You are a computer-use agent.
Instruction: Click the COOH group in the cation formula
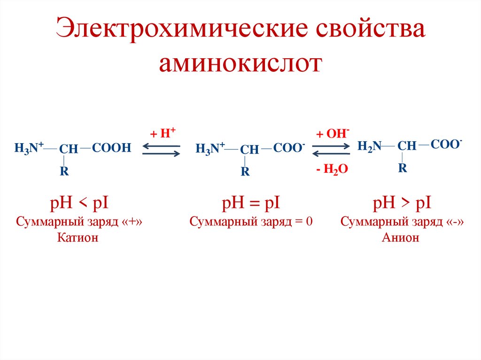point(112,148)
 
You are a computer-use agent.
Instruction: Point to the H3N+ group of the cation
point(29,148)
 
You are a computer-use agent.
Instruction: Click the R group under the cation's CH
point(64,172)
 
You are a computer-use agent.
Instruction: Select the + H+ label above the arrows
point(163,133)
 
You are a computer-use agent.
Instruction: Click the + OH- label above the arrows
point(332,133)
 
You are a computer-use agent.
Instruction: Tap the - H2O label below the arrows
point(332,170)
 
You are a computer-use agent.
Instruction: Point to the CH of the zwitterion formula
point(249,150)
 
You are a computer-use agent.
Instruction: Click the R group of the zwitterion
point(245,172)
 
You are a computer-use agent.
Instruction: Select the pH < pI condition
point(79,204)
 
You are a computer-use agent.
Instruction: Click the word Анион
point(400,238)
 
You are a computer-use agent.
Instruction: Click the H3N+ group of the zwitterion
point(210,149)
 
